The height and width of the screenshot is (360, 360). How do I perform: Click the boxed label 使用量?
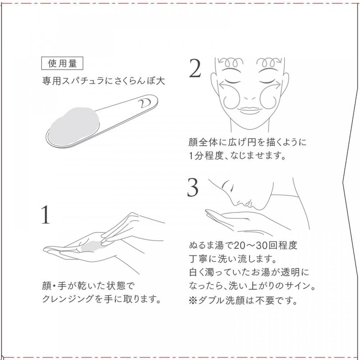[62, 63]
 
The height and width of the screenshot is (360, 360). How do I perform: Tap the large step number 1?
[46, 215]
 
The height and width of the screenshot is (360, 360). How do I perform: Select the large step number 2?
[195, 68]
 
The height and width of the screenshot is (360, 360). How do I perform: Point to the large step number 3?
[192, 188]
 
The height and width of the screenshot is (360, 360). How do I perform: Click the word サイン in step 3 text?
[296, 286]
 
